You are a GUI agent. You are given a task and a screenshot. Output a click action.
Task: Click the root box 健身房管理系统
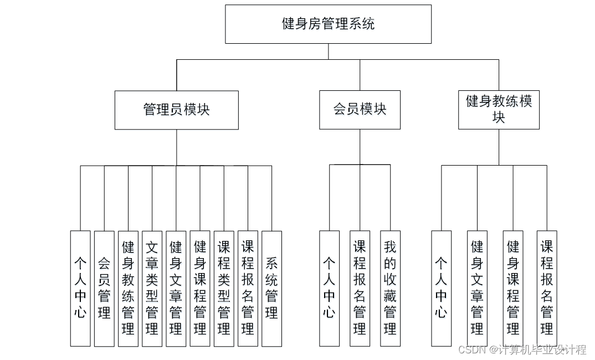[x=328, y=24]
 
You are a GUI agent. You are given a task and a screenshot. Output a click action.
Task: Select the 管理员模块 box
[x=176, y=110]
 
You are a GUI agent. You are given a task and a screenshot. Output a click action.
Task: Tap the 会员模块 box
[x=360, y=110]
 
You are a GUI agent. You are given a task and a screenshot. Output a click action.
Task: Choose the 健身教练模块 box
[x=499, y=110]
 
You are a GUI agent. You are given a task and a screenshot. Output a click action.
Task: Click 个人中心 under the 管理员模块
[x=80, y=288]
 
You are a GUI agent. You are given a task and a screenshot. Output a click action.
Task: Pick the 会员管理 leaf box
[x=104, y=288]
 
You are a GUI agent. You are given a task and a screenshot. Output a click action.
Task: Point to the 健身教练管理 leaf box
[x=128, y=288]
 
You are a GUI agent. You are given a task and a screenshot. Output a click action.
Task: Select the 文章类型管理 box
[x=152, y=288]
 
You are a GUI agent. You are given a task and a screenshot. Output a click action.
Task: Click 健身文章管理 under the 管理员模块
[x=176, y=288]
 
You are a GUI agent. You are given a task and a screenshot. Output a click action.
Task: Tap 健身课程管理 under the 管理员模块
[x=200, y=288]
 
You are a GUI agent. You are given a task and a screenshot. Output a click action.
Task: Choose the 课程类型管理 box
[x=224, y=288]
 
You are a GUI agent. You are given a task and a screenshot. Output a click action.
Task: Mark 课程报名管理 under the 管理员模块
[x=248, y=288]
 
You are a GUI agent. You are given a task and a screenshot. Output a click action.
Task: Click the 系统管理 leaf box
[x=271, y=288]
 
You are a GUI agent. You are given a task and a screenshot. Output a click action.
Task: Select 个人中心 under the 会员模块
[x=329, y=288]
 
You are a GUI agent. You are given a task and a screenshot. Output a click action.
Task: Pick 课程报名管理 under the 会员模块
[x=360, y=288]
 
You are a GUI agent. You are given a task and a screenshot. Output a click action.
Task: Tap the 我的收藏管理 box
[x=390, y=288]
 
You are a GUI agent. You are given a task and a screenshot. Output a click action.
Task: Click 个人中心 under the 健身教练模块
[x=441, y=288]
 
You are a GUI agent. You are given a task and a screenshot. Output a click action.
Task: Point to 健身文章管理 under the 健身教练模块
[x=477, y=288]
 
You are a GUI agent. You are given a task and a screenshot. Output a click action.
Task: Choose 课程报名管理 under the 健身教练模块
[x=547, y=288]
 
